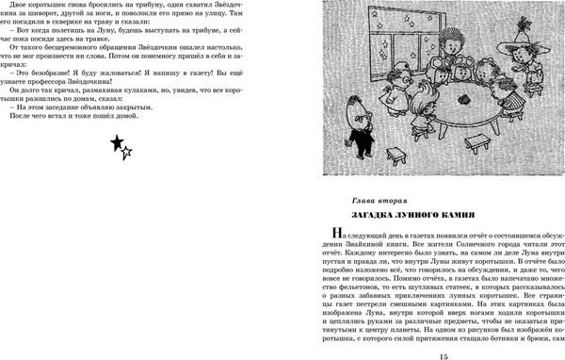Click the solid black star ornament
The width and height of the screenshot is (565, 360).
coord(116,142)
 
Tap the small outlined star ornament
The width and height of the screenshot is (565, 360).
coord(128,152)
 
